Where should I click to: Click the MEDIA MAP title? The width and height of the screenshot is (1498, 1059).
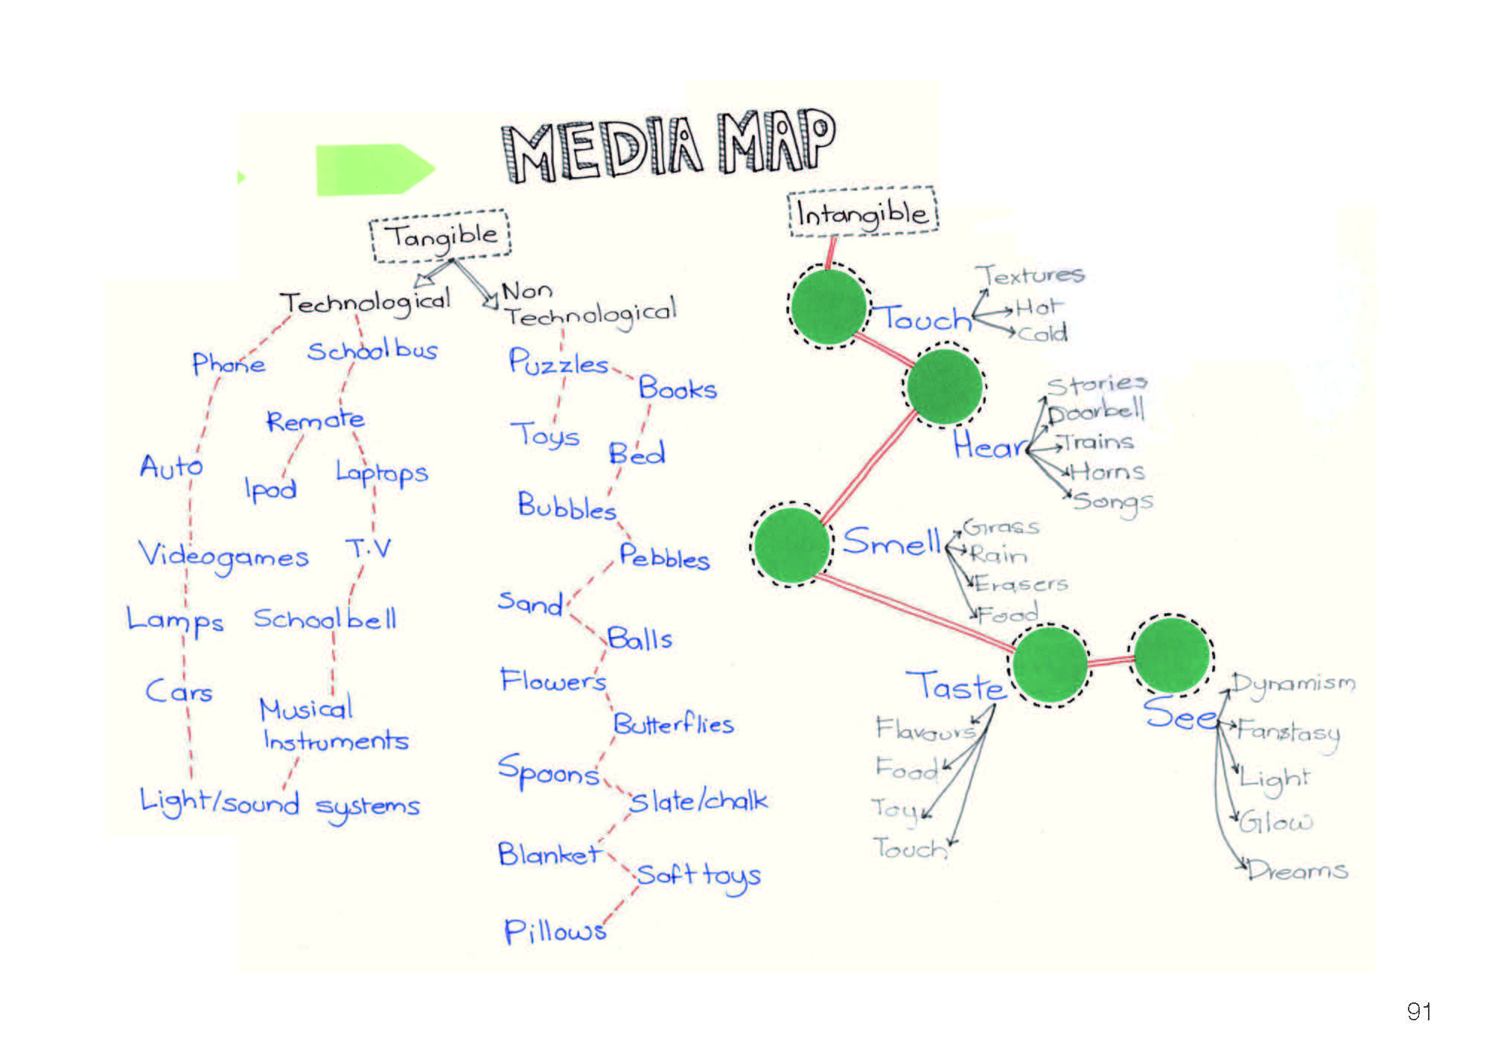pos(669,147)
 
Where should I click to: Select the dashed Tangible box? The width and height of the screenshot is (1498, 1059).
pos(441,236)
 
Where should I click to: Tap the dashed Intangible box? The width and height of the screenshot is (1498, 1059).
pos(863,213)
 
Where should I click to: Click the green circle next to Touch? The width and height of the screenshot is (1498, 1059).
pos(829,307)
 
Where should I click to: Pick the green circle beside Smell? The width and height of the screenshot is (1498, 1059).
pos(791,545)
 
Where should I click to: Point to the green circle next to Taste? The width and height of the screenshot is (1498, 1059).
pos(1050,665)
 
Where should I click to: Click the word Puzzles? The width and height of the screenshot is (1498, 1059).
pos(558,362)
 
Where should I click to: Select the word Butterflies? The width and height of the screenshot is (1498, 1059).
pos(673,723)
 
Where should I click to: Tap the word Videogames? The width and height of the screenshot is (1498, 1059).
pos(223,556)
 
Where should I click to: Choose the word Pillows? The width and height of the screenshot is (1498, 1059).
pos(555,931)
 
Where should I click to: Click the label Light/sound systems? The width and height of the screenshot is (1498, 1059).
pos(280,803)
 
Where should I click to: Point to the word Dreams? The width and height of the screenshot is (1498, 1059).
pos(1298,869)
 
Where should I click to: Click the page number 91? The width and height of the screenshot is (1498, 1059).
pos(1419,1011)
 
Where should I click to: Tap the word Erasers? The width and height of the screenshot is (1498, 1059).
pos(1021,583)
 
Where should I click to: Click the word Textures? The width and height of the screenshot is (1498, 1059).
pos(1030,275)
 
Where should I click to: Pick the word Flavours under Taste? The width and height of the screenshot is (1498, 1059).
pos(925,729)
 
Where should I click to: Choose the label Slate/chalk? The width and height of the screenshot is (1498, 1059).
pos(698,801)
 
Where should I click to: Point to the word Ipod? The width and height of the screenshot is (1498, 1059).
pos(270,488)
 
